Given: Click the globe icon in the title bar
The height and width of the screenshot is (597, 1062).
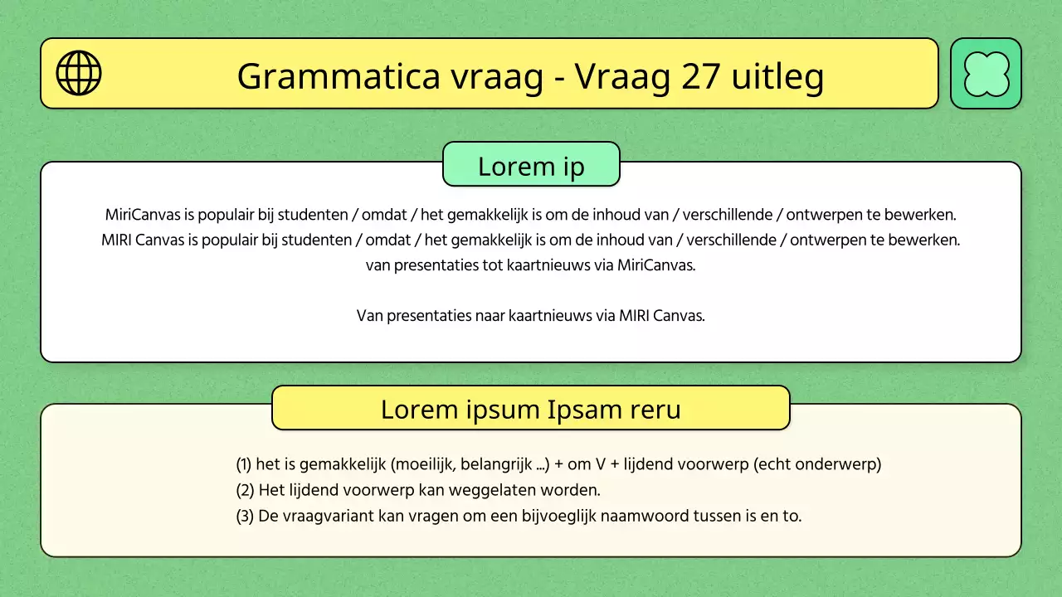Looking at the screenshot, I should click(79, 73).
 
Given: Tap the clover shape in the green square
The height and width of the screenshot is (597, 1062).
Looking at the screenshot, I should click(986, 74).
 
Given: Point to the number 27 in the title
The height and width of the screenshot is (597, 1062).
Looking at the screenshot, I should click(701, 76).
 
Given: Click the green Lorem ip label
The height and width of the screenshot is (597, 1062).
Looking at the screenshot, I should click(531, 166).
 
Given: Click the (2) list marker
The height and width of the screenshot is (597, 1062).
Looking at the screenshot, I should click(245, 490).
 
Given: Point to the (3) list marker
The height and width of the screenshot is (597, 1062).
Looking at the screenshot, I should click(245, 516).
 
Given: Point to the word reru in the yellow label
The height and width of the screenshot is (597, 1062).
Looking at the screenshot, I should click(655, 409).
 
